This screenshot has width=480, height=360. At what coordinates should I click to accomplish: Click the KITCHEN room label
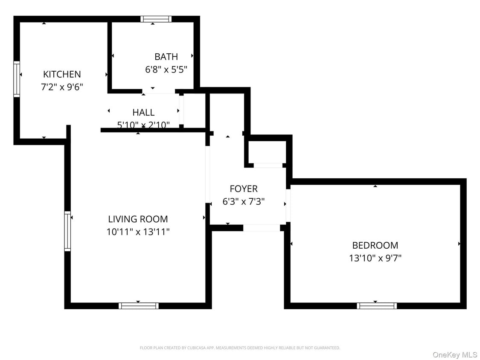pos(62,74)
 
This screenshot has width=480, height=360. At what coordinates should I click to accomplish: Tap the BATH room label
pos(166,57)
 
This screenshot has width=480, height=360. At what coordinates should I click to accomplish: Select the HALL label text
pos(143,113)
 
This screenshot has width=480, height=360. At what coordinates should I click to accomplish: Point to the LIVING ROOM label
pos(138,219)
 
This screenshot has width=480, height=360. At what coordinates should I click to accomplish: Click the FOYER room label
pos(244,189)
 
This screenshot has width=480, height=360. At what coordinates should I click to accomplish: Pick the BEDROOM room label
pos(375,245)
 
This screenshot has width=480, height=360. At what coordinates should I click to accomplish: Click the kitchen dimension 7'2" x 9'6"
pos(62,87)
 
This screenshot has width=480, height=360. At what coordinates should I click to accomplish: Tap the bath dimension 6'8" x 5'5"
pos(166,69)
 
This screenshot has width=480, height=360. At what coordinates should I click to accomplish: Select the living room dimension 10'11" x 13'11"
pos(138,232)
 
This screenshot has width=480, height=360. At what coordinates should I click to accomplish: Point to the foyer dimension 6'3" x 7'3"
pos(244,201)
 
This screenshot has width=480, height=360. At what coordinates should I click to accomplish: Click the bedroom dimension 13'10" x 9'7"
pos(375,258)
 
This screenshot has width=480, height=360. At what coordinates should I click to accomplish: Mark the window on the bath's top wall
pos(156,19)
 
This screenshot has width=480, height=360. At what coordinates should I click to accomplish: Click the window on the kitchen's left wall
pos(17,79)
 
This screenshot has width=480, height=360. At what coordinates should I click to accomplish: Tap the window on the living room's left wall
pos(67,231)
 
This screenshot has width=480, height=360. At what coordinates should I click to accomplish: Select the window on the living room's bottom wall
pos(139,305)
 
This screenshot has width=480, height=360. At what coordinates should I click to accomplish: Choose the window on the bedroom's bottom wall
pos(377,305)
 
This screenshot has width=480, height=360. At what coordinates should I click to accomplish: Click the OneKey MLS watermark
pos(455,354)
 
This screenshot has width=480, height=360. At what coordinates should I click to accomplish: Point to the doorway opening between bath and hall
pos(158,91)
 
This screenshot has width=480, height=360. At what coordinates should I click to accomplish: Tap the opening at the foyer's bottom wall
pos(262,228)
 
